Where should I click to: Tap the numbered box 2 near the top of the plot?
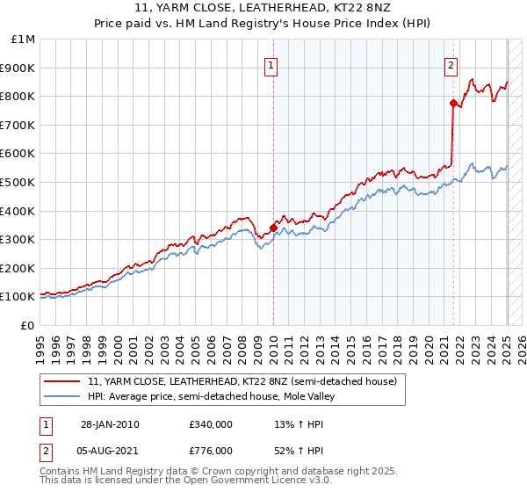click(451, 64)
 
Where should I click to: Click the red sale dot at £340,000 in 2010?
click(273, 228)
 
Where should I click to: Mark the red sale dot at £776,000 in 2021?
click(453, 104)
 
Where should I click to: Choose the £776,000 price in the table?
click(211, 451)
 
